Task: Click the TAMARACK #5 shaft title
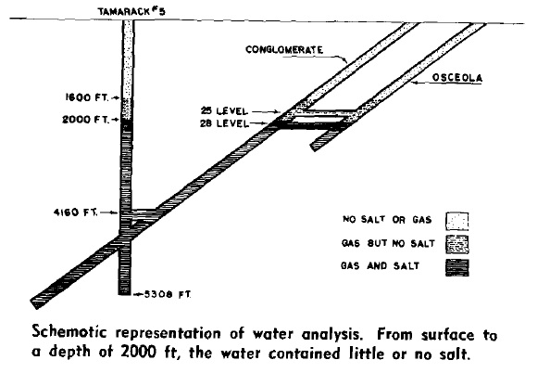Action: point(131,12)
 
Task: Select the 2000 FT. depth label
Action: point(85,120)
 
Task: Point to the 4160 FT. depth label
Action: point(75,212)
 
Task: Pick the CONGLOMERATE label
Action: point(284,49)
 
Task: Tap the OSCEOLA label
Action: point(457,78)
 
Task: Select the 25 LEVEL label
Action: point(224,111)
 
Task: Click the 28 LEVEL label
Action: point(224,123)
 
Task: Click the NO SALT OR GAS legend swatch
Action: point(456,221)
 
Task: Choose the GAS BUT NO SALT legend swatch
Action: point(457,244)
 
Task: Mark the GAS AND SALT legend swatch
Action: point(457,267)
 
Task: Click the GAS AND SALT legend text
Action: point(380,265)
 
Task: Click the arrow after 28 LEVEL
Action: point(260,123)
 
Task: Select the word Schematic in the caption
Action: point(69,332)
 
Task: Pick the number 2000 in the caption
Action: point(139,352)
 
